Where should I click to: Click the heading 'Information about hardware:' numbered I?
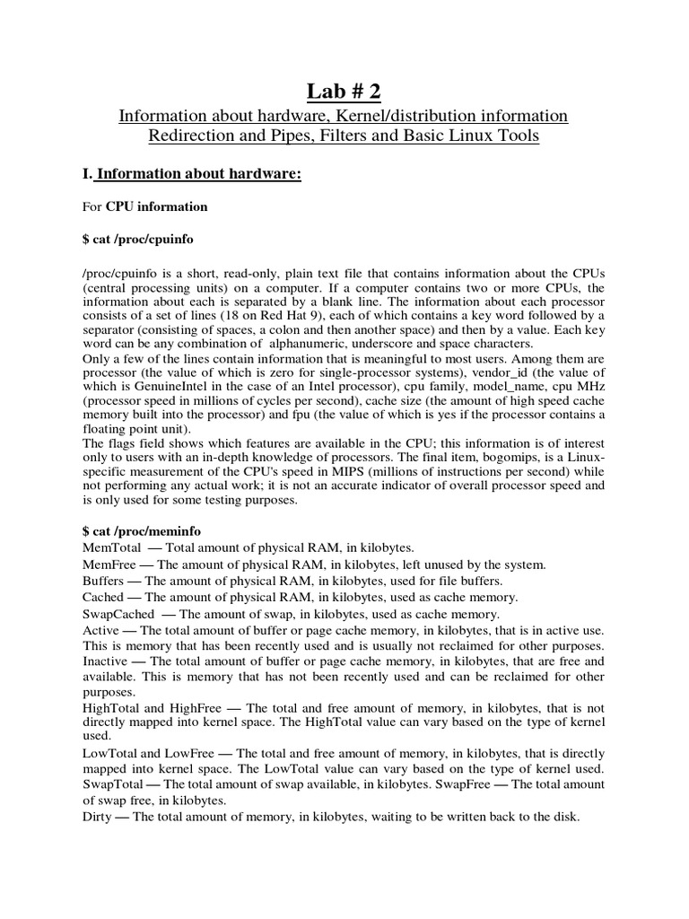[x=198, y=173]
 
